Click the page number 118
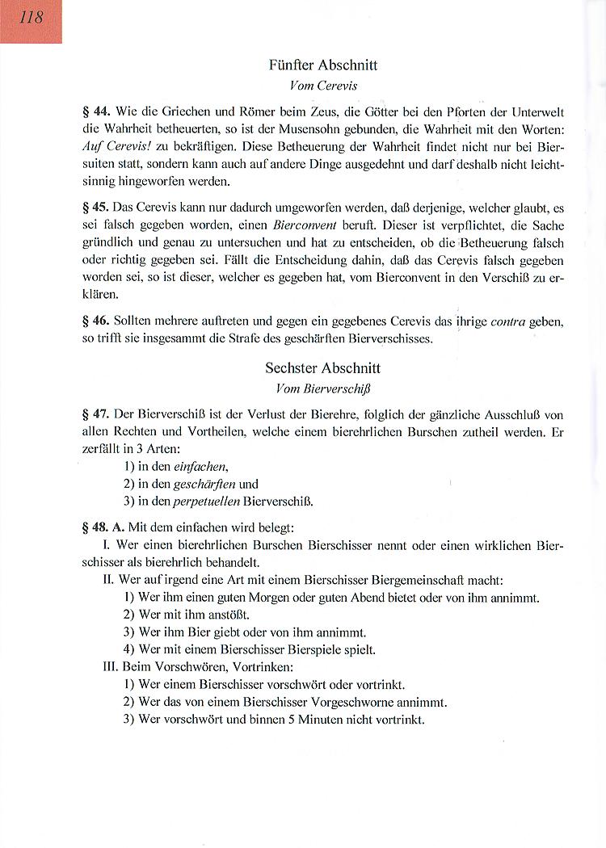pos(30,18)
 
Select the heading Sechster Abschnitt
pos(322,368)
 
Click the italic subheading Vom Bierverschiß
pos(322,388)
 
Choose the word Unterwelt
pos(537,111)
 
